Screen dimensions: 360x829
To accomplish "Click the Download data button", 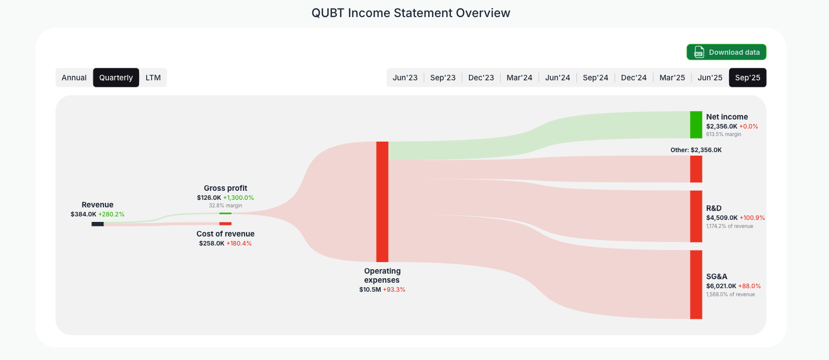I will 726,52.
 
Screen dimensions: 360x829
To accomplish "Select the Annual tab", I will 74,78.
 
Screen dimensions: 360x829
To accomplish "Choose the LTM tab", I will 153,78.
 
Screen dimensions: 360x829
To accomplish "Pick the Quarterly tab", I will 116,78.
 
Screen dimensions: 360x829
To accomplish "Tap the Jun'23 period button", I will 405,78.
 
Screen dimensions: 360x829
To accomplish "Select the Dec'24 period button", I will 634,78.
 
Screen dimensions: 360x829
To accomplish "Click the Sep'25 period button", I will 747,78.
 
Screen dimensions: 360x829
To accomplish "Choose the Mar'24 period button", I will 519,78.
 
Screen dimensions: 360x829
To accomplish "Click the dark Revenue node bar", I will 97,224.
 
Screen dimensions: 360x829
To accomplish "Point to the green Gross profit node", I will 225,213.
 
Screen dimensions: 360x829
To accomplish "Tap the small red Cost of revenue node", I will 225,223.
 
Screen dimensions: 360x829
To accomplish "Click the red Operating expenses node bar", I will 382,201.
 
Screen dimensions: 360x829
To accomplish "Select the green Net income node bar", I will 696,125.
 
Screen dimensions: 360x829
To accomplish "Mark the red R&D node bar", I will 696,216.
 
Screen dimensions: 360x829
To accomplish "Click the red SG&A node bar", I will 696,284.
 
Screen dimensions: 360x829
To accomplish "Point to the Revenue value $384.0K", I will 83,214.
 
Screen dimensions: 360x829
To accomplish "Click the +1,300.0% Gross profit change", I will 239,198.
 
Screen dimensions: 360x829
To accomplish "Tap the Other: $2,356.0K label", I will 696,150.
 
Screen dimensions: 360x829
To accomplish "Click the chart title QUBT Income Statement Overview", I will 411,13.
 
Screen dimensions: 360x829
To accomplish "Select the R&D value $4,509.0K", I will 722,218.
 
